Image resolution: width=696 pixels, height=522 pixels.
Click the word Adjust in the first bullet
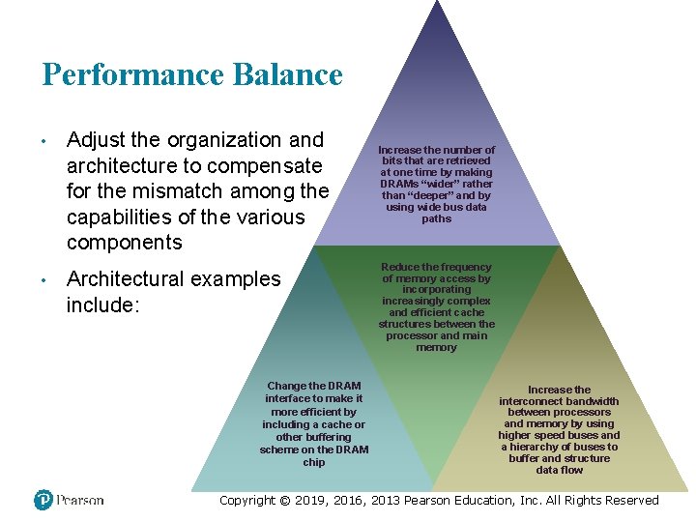pyautogui.click(x=95, y=141)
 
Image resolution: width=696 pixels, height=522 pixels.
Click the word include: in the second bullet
pyautogui.click(x=101, y=305)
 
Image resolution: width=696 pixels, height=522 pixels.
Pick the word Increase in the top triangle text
pyautogui.click(x=398, y=151)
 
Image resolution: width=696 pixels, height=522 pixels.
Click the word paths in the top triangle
pyautogui.click(x=436, y=218)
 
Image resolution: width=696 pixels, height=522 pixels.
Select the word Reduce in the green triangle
pyautogui.click(x=400, y=267)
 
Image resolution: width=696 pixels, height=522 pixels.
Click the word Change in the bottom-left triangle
pyautogui.click(x=286, y=386)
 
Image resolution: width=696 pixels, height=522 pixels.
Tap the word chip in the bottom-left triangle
pyautogui.click(x=314, y=462)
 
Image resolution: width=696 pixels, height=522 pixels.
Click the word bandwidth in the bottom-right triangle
pyautogui.click(x=594, y=401)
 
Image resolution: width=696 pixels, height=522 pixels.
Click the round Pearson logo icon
pyautogui.click(x=43, y=500)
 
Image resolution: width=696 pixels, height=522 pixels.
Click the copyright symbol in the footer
pyautogui.click(x=283, y=501)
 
